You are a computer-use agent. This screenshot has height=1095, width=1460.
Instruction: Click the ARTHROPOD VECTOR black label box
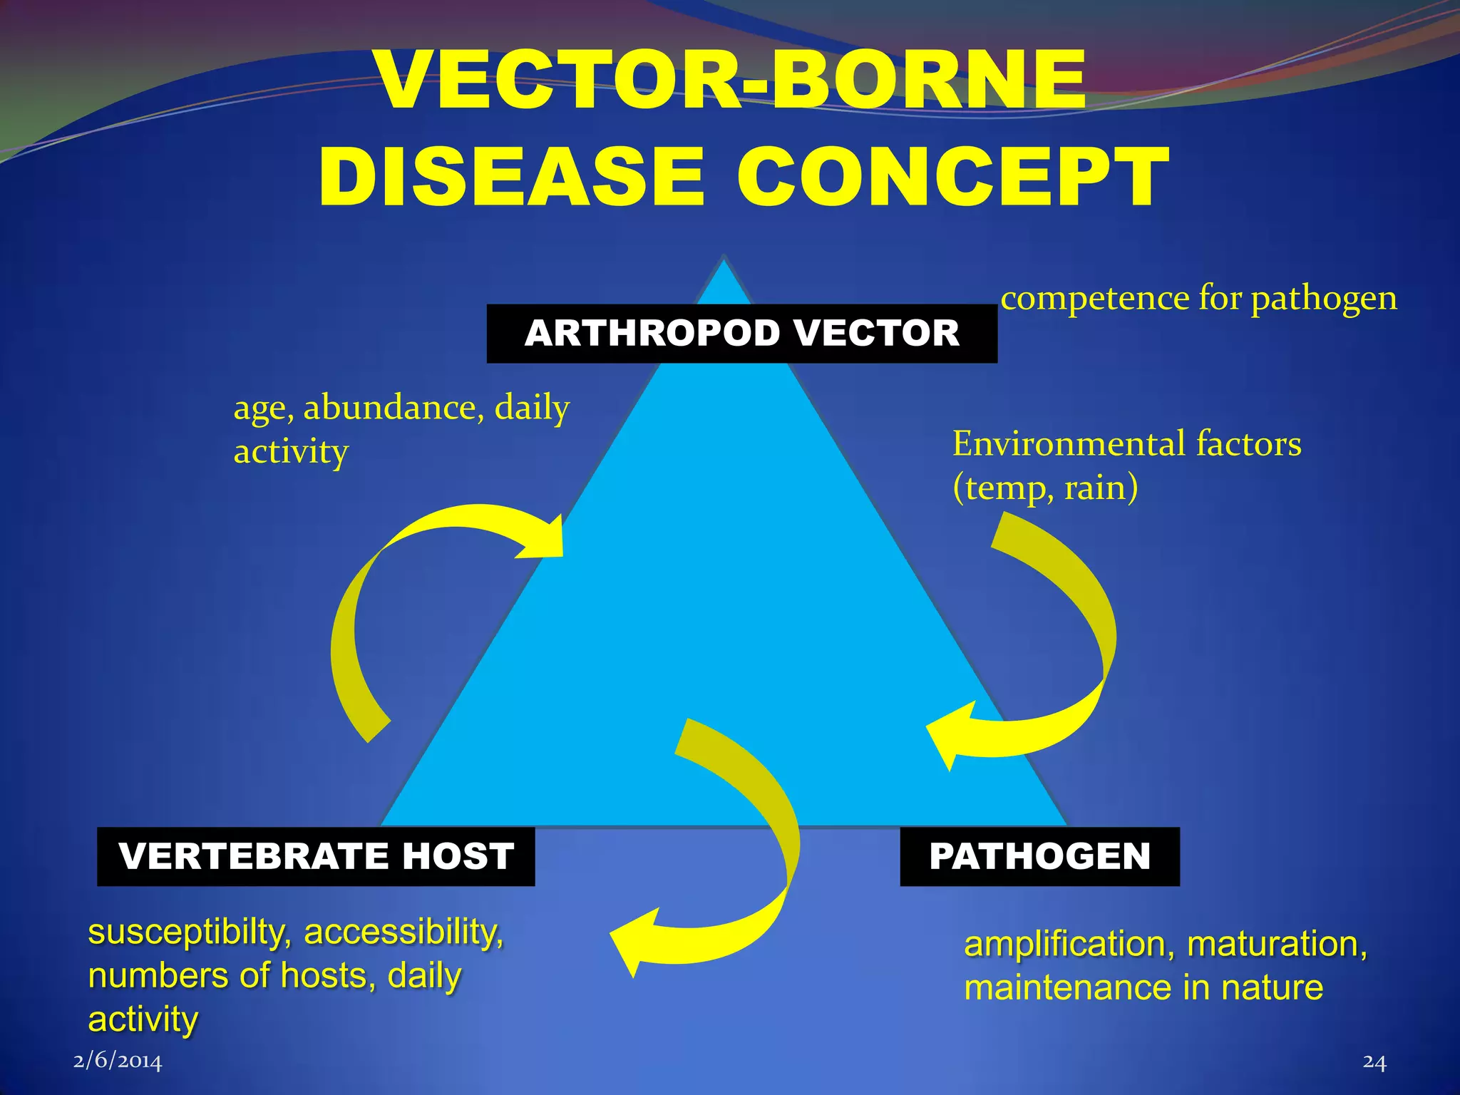[741, 334]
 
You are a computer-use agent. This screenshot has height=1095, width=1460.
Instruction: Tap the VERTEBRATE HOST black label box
[316, 856]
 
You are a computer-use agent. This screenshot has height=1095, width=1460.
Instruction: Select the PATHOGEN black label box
[1039, 856]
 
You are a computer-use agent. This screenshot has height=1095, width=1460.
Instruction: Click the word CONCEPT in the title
[952, 177]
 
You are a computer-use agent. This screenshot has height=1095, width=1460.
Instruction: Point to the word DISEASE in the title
[511, 177]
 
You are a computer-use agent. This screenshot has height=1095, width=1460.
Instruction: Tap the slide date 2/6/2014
[118, 1061]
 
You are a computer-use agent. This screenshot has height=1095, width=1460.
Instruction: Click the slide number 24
[1374, 1061]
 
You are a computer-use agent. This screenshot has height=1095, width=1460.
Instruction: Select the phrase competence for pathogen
[1198, 298]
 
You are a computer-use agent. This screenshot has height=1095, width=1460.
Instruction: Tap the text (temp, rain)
[1045, 488]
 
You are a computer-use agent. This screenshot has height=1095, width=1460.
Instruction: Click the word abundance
[389, 408]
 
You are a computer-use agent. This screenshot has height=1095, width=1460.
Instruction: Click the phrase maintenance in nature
[1143, 988]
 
